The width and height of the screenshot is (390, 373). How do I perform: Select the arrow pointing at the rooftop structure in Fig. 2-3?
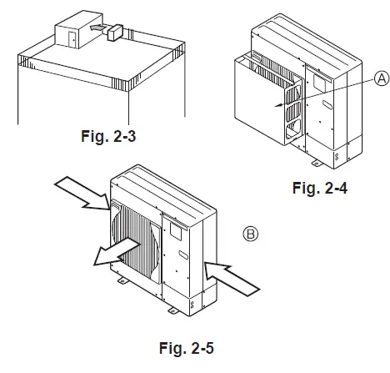click(x=98, y=29)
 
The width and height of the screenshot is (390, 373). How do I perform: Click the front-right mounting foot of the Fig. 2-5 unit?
click(x=172, y=310)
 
